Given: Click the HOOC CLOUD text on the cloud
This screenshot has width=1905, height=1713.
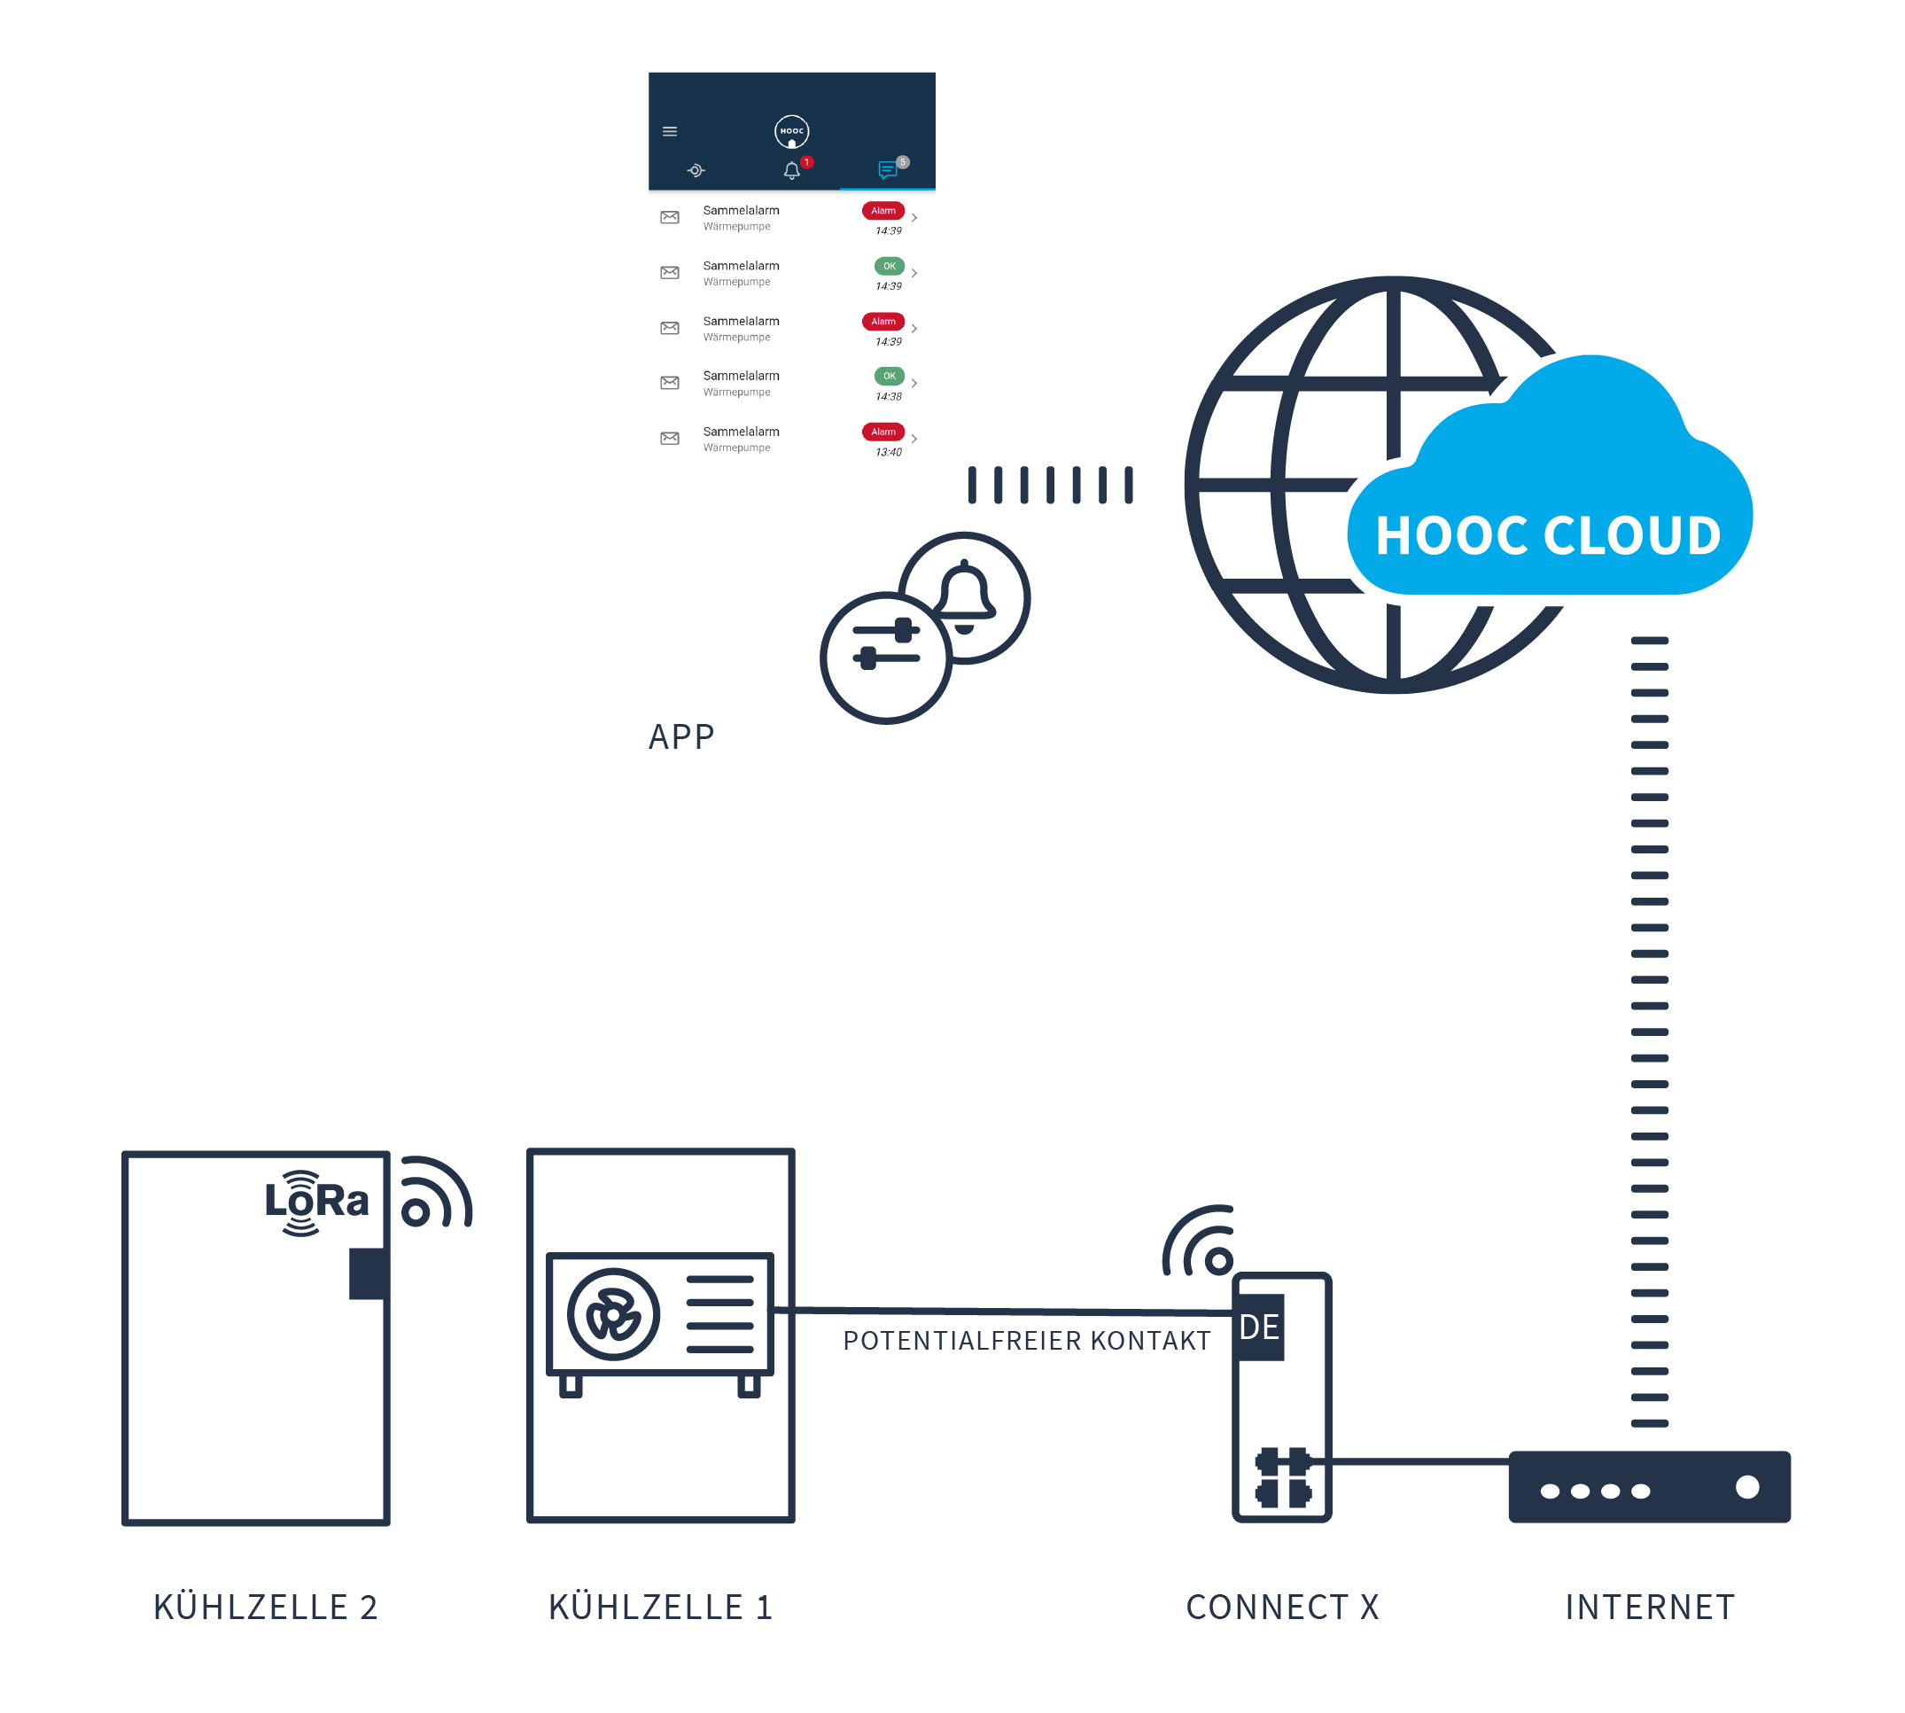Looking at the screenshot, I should coord(1547,535).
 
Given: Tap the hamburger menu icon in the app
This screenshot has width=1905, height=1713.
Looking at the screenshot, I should coord(669,131).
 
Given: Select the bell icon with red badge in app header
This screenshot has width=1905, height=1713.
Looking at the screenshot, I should coord(791,170).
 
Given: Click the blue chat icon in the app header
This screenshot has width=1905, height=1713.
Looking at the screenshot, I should coord(887,170).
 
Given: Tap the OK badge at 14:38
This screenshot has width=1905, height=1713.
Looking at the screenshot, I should coord(889,377).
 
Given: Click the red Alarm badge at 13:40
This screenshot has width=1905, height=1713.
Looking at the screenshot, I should coord(882,432).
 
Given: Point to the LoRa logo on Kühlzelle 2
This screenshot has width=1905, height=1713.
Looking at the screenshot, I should coord(315,1202).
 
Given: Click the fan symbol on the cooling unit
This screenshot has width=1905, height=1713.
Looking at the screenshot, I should coord(614,1314).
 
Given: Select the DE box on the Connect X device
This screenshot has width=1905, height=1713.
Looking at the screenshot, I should coord(1259,1328).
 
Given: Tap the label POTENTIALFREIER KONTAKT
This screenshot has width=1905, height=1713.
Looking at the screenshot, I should coord(1026,1340).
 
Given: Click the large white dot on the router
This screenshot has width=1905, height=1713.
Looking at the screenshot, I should coord(1747,1487).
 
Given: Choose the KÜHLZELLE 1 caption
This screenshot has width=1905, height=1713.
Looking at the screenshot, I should coord(660,1607).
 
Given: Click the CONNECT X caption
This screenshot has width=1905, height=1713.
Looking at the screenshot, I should coord(1282,1607).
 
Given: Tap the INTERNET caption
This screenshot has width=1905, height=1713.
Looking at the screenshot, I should coord(1649,1607).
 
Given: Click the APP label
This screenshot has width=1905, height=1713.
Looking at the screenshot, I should coord(680,736).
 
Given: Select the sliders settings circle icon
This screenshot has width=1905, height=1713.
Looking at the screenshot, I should coord(886,658).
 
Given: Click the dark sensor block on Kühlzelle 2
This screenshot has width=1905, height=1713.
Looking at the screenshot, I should coord(367,1273).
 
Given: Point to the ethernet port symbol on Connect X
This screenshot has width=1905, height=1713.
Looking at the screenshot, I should coord(1282,1477).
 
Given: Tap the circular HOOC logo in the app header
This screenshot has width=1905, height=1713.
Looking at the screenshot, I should coord(791,131).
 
